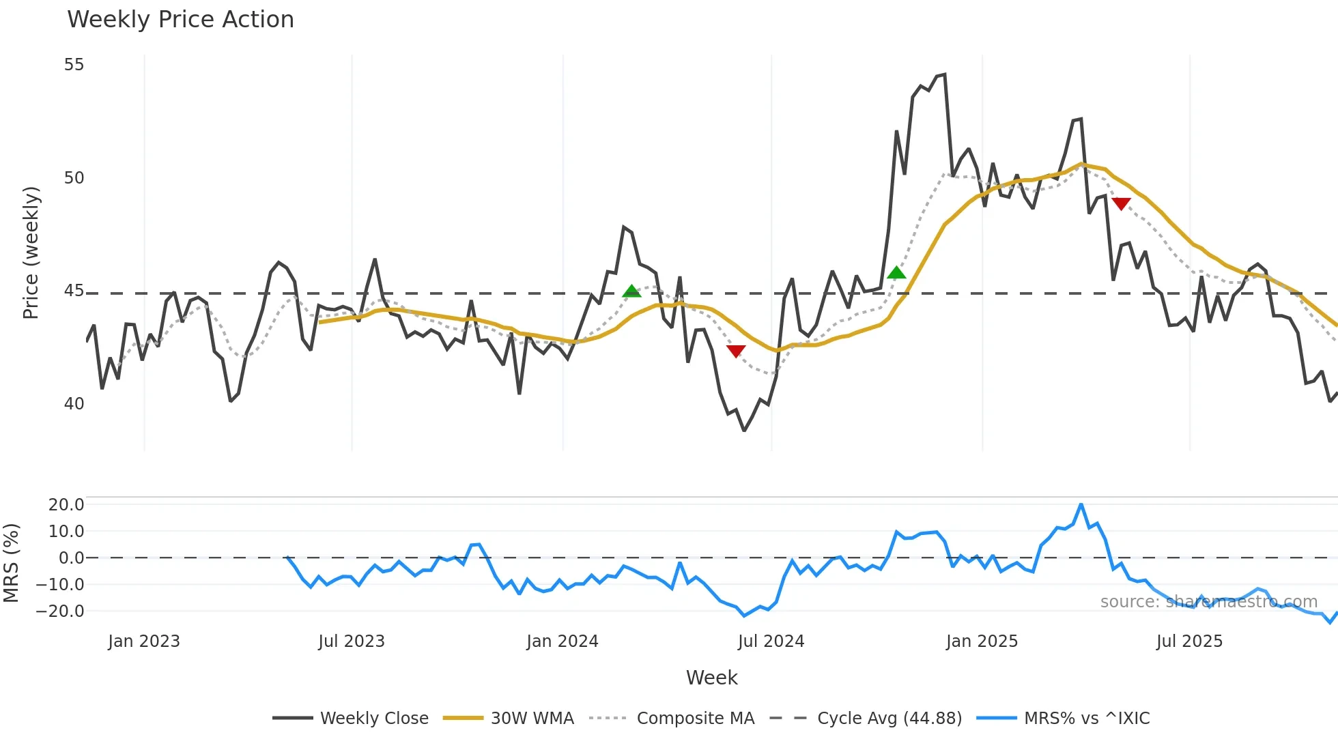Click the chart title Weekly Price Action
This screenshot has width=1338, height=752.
pyautogui.click(x=180, y=20)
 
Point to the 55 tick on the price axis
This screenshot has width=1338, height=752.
pyautogui.click(x=74, y=65)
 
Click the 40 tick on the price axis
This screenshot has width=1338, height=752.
pyautogui.click(x=74, y=404)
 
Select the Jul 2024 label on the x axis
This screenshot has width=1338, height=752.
pyautogui.click(x=771, y=641)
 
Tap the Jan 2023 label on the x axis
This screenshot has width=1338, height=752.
pyautogui.click(x=144, y=641)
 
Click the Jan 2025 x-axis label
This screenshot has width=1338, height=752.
pyautogui.click(x=982, y=641)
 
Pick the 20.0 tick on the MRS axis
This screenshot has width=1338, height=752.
pyautogui.click(x=66, y=505)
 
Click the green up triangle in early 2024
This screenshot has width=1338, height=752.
pyautogui.click(x=632, y=291)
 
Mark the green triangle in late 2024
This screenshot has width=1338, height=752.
pyautogui.click(x=896, y=273)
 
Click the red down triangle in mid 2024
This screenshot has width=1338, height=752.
pyautogui.click(x=736, y=351)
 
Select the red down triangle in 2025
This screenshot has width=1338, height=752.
pyautogui.click(x=1121, y=203)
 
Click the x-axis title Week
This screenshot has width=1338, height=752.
pyautogui.click(x=711, y=678)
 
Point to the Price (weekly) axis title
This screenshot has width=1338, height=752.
pyautogui.click(x=31, y=252)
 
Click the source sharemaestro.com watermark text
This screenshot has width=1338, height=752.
pyautogui.click(x=1208, y=602)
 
